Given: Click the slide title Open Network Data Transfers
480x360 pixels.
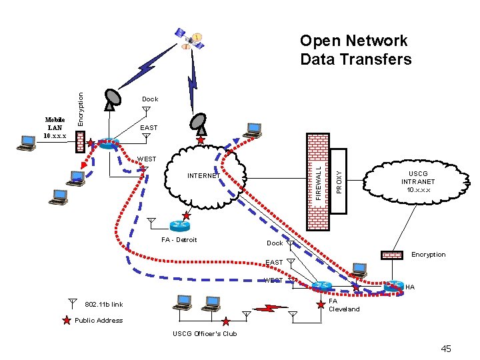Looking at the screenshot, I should pos(355,50).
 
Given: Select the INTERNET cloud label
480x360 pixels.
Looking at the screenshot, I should pos(203,176).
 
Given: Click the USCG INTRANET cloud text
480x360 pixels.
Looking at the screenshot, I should pos(418,181).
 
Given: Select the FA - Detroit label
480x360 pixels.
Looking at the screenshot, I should pos(179,240).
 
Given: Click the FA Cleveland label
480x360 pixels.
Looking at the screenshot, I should pos(344,305).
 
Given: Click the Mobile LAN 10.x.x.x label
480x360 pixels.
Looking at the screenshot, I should pos(55,127).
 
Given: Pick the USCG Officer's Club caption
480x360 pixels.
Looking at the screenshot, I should pos(205,333).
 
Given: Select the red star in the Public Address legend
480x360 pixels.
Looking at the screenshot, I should pos(66,321).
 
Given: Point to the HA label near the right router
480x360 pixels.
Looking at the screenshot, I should pos(410,287).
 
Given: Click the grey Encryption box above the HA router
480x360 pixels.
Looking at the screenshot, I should pos(392,254).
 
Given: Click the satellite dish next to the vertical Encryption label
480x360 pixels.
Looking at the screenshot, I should pos(112,99).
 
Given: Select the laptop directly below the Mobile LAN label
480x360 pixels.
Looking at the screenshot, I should pos(27,143).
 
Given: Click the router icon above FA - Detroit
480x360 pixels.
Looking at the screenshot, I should pos(179,225).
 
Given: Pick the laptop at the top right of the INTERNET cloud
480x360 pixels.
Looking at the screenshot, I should pos(253,129).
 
